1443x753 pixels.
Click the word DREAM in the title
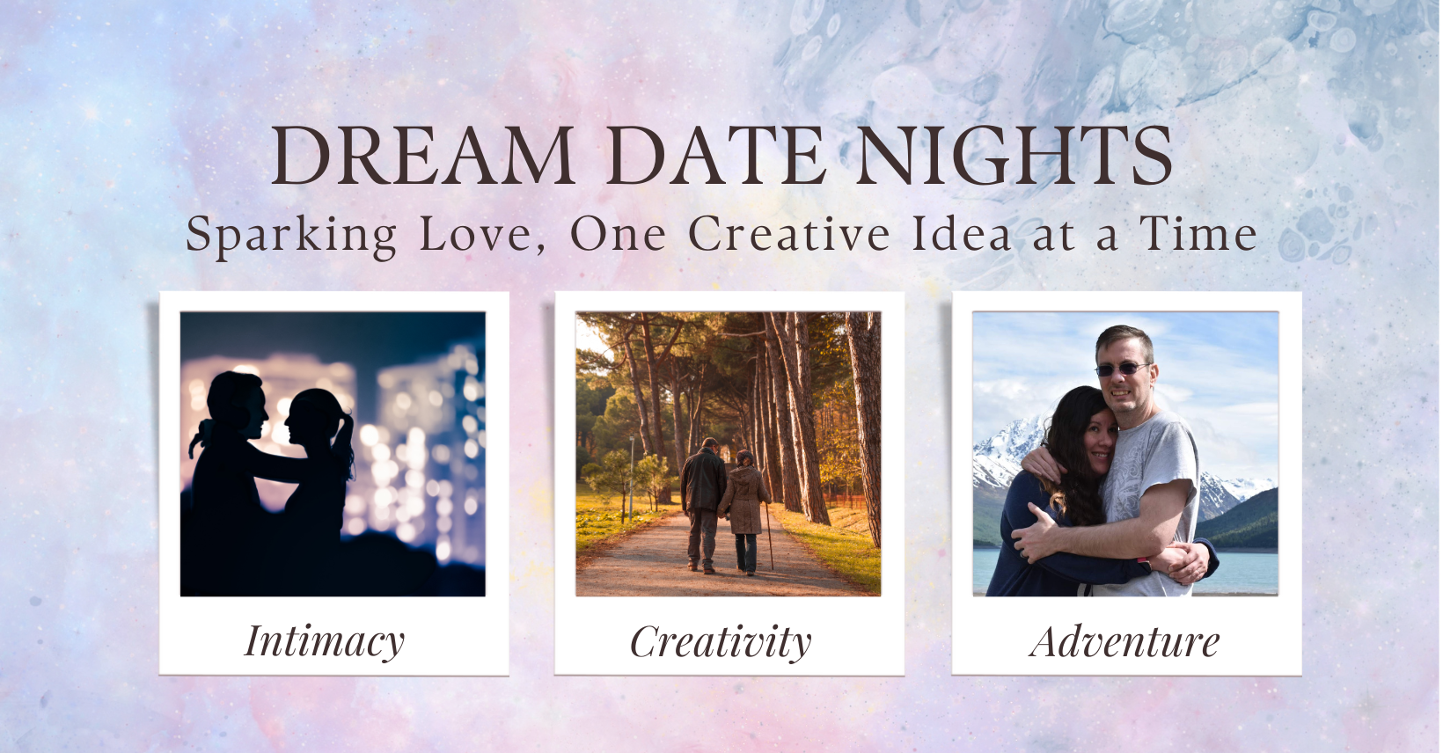coord(422,156)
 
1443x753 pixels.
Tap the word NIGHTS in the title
coord(1014,156)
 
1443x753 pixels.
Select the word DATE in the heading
coord(715,156)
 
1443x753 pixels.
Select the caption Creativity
coord(721,643)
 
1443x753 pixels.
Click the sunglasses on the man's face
coord(1122,369)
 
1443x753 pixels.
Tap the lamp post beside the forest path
coord(632,477)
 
